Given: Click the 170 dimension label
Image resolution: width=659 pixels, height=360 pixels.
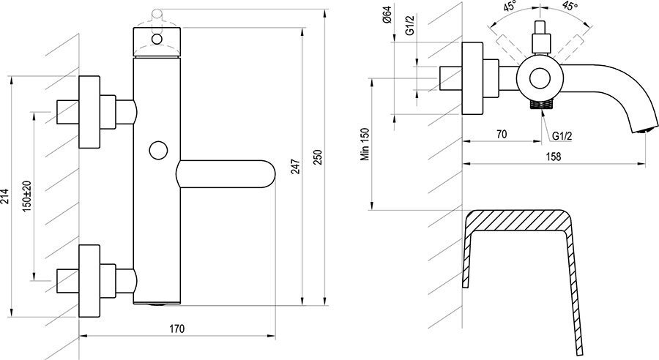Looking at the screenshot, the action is tap(177, 329).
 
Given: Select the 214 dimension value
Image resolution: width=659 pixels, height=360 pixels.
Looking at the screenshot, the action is tap(4, 196).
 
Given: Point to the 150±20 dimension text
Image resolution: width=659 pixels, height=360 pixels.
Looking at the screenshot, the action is tap(27, 196).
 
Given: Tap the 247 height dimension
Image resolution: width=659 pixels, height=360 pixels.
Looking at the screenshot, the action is tap(296, 166).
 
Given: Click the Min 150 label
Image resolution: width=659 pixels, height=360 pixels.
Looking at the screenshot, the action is tap(365, 144).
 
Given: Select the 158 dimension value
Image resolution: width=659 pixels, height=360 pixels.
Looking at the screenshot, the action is tap(553, 157).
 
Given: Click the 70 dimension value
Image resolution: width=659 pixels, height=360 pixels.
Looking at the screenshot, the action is tap(502, 134).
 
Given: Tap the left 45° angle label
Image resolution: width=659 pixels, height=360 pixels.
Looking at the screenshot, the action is tap(510, 7).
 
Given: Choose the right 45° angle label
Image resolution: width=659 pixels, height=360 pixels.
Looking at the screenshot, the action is tap(570, 7).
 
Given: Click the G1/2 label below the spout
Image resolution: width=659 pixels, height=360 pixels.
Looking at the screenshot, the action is tap(562, 136).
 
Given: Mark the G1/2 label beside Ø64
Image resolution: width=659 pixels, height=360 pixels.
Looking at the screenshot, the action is tap(411, 25).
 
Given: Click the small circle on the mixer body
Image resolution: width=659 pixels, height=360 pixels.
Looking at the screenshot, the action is tap(158, 151).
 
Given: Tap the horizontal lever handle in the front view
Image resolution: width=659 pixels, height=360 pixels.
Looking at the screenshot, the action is tap(226, 173).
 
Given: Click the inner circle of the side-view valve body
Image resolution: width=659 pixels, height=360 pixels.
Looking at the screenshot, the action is tap(538, 78).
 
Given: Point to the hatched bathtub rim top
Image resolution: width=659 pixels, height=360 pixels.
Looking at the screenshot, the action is tap(518, 220).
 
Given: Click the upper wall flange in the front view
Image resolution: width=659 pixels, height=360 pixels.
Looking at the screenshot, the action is tap(89, 112).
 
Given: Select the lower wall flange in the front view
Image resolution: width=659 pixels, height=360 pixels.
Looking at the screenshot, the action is tap(89, 281).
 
